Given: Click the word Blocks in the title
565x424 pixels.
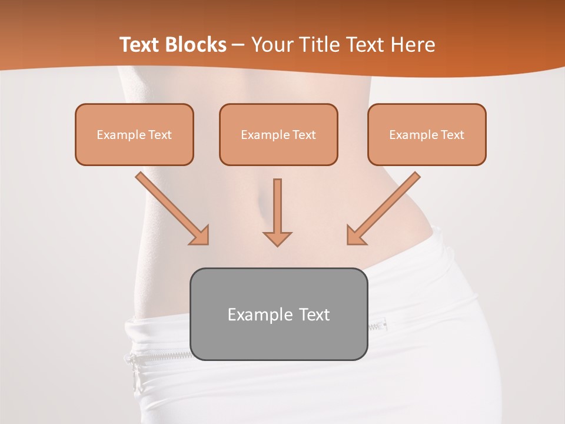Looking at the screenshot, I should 197,45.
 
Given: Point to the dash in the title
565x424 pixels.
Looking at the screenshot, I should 238,45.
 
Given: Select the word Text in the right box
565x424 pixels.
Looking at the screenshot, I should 452,135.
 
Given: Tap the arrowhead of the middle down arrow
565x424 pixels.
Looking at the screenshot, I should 277,238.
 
